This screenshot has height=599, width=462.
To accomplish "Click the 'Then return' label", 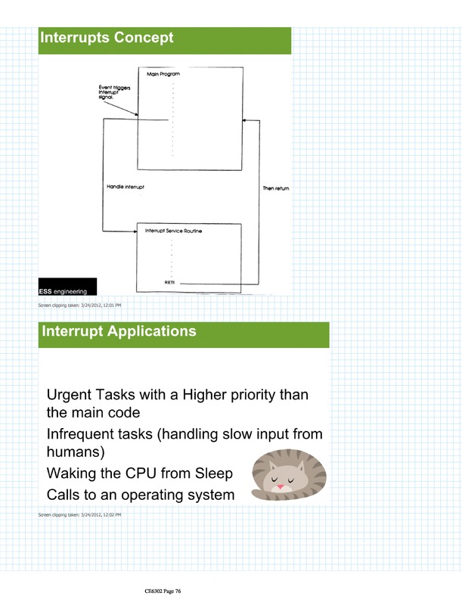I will (x=276, y=188).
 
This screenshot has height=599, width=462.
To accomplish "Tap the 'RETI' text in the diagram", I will (x=169, y=281).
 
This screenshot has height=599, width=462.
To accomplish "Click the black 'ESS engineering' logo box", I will (x=67, y=286).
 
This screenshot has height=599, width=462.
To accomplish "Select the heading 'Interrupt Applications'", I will (x=119, y=331).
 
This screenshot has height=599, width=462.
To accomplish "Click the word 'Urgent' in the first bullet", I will (x=69, y=396).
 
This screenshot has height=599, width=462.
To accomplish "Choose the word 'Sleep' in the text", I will (x=212, y=474).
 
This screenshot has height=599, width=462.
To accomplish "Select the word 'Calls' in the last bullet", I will (x=64, y=495).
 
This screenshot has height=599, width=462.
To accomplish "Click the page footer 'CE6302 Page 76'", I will (x=163, y=591).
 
